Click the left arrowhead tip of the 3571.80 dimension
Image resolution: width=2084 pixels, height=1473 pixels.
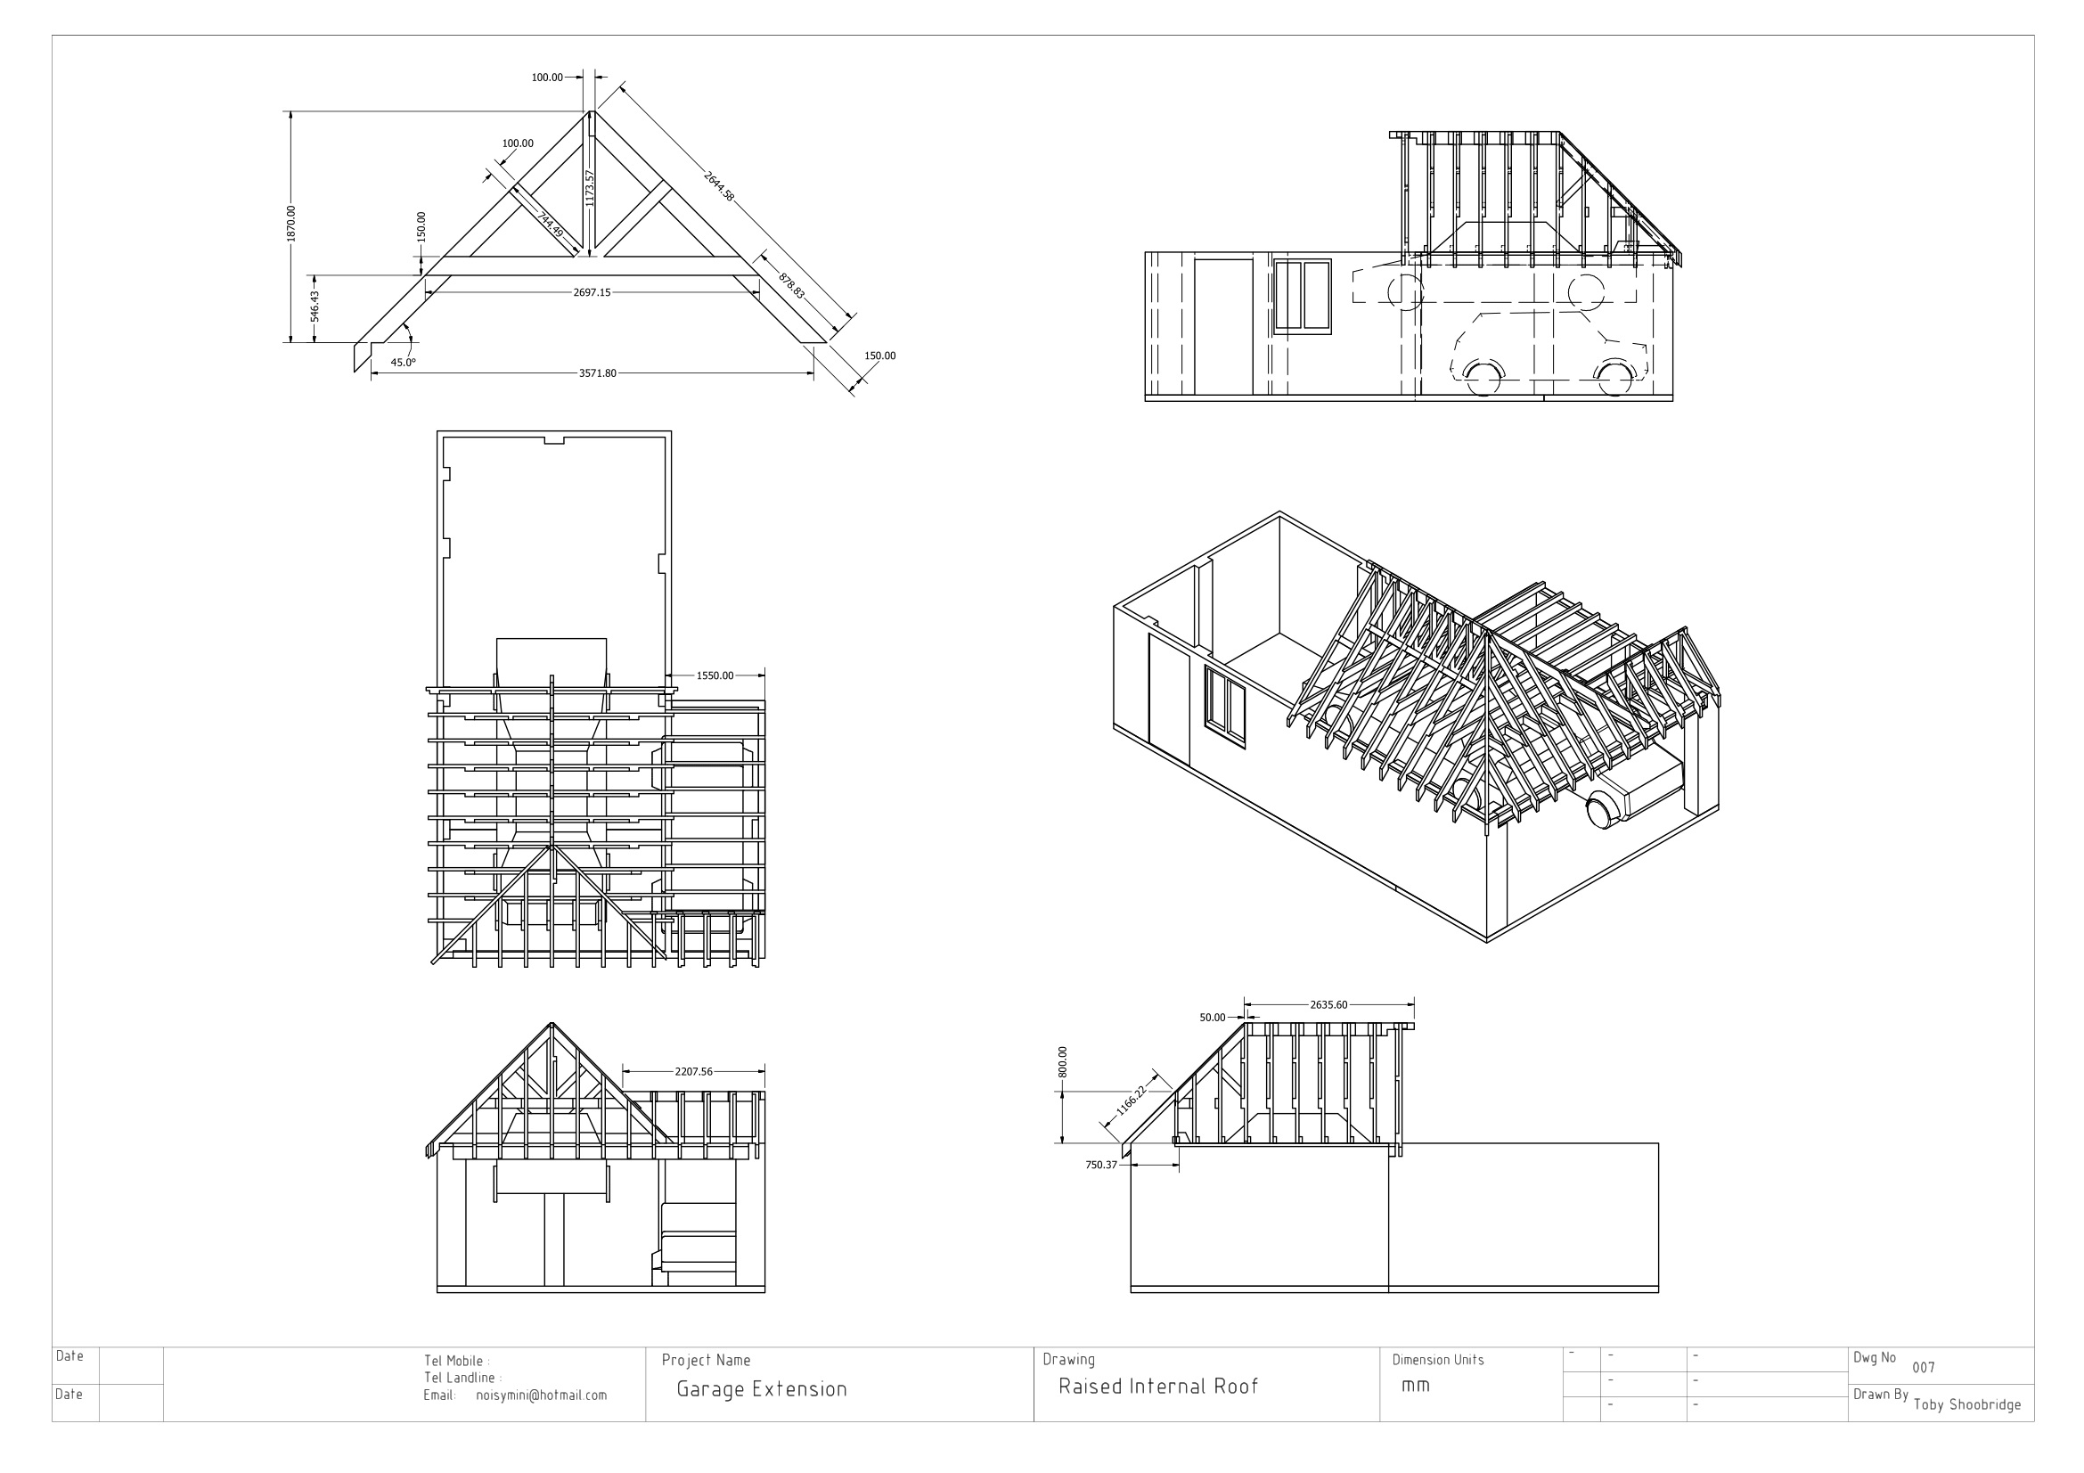tap(372, 373)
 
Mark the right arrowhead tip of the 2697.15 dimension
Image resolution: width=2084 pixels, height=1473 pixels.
tap(759, 292)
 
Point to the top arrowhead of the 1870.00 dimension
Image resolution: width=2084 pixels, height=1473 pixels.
tap(290, 112)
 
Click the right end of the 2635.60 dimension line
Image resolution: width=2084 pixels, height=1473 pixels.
tap(1414, 1004)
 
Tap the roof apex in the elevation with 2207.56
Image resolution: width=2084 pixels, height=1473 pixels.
tap(551, 1023)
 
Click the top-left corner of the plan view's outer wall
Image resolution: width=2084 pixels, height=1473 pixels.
tap(437, 432)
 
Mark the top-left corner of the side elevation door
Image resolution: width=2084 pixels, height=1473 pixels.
tap(1195, 258)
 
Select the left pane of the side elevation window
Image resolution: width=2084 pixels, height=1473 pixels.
tap(1290, 295)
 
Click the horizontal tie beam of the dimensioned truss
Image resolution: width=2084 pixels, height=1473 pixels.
tap(592, 266)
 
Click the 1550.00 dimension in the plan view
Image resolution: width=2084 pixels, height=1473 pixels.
tap(715, 675)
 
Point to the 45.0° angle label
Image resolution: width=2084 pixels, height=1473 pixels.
tap(403, 362)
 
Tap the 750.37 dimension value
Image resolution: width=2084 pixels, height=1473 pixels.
tap(1101, 1165)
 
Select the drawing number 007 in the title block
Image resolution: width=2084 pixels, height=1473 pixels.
tap(1924, 1368)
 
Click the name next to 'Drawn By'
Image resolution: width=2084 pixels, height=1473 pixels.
tap(1967, 1405)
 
